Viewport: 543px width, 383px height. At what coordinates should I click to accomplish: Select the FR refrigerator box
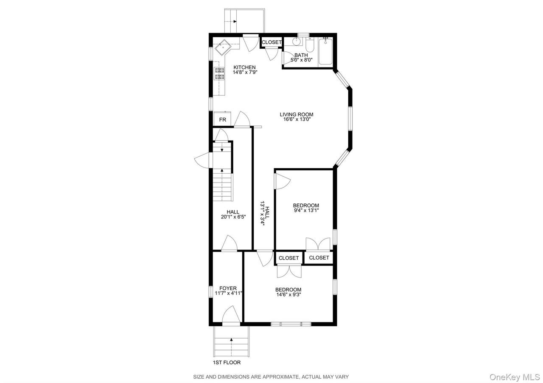222,119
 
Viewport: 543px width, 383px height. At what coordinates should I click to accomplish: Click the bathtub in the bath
325,51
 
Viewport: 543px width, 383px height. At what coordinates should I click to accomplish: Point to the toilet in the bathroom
310,45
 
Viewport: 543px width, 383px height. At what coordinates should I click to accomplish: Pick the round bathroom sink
296,42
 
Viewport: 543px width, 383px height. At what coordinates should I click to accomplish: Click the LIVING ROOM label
297,114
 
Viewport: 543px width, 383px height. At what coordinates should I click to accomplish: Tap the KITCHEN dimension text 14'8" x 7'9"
245,72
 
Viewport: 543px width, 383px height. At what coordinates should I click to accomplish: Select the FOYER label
228,288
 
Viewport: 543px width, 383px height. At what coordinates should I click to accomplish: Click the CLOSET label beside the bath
271,42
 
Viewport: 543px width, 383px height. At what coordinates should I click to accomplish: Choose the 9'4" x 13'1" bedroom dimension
306,211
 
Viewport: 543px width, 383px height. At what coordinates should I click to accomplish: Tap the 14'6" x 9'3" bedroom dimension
288,294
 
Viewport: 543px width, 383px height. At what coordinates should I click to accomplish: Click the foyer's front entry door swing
231,314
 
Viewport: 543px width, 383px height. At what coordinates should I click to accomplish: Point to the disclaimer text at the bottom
271,377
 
